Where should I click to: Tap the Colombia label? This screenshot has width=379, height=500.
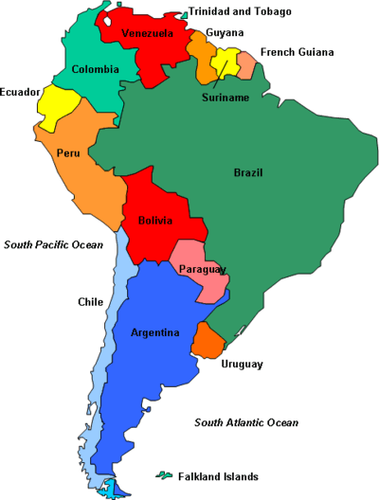(96, 69)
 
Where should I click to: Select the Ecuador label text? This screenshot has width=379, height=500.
(20, 92)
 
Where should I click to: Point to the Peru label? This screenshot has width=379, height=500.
(68, 152)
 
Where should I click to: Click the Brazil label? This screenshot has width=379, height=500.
(248, 172)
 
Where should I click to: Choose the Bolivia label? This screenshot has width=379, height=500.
(155, 221)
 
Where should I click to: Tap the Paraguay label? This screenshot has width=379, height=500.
(203, 270)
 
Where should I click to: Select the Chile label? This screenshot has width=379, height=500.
(90, 302)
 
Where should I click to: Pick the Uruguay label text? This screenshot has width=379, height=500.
(242, 364)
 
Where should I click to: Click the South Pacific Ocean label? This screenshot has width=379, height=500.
(53, 244)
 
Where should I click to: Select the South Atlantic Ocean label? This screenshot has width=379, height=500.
(246, 422)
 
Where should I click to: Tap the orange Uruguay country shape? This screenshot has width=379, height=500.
(208, 340)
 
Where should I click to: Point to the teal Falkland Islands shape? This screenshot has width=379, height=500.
(165, 473)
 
